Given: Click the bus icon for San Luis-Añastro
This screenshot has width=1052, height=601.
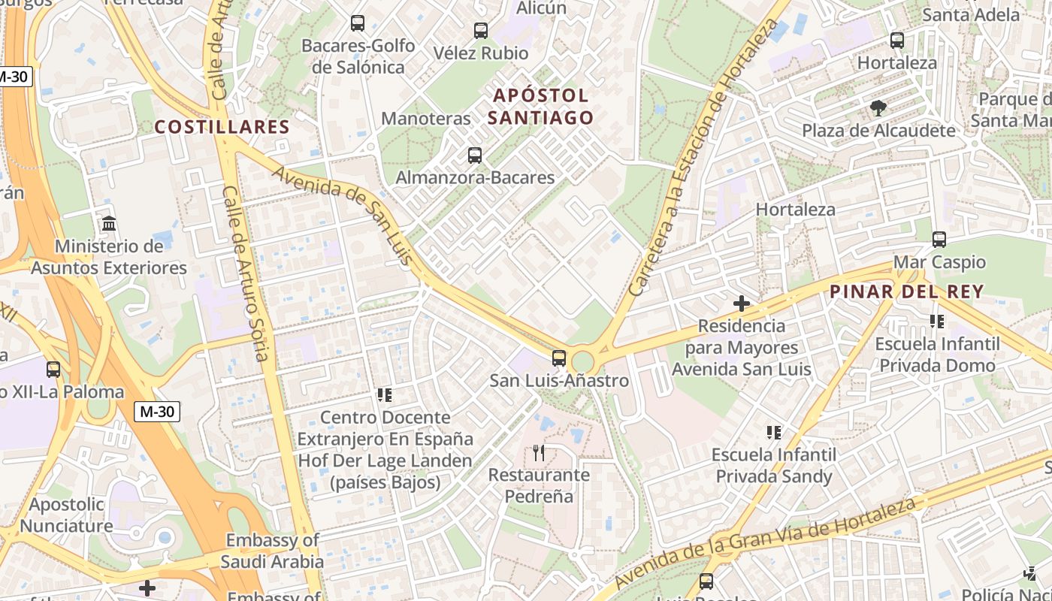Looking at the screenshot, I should coord(558,358).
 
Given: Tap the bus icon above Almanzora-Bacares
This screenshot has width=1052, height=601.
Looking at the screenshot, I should coord(474,156).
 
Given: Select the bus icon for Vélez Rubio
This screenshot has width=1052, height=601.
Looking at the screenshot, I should coord(480,31).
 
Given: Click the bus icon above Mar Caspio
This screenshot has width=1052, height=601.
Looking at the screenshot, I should coord(939,240).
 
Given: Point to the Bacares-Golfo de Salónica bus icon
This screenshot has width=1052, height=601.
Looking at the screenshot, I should coord(358,23).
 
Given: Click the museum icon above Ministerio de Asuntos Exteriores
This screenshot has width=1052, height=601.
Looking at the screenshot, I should coord(109,223).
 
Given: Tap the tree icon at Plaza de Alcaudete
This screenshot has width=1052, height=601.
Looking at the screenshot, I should coord(878,108).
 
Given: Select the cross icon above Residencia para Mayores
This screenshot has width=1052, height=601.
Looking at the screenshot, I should coord(742,304).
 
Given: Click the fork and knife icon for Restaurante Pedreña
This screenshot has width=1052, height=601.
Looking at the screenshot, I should coord(538,452).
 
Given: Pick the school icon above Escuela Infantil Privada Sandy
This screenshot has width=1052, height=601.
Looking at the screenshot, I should coord(774,432).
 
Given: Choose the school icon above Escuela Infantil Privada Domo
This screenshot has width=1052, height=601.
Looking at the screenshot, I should coord(937,322).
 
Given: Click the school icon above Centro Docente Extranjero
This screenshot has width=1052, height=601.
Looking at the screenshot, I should coord(385,394).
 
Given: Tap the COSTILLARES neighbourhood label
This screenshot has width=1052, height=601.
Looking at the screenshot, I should coord(222,127).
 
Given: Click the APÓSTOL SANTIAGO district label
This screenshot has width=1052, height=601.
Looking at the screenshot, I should coord(540,107).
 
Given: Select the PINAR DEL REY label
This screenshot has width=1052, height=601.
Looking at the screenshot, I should coord(907,292).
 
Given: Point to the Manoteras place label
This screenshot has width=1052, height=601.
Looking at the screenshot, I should coord(426,119).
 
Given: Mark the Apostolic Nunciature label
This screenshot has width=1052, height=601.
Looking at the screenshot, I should coord(67,515).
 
